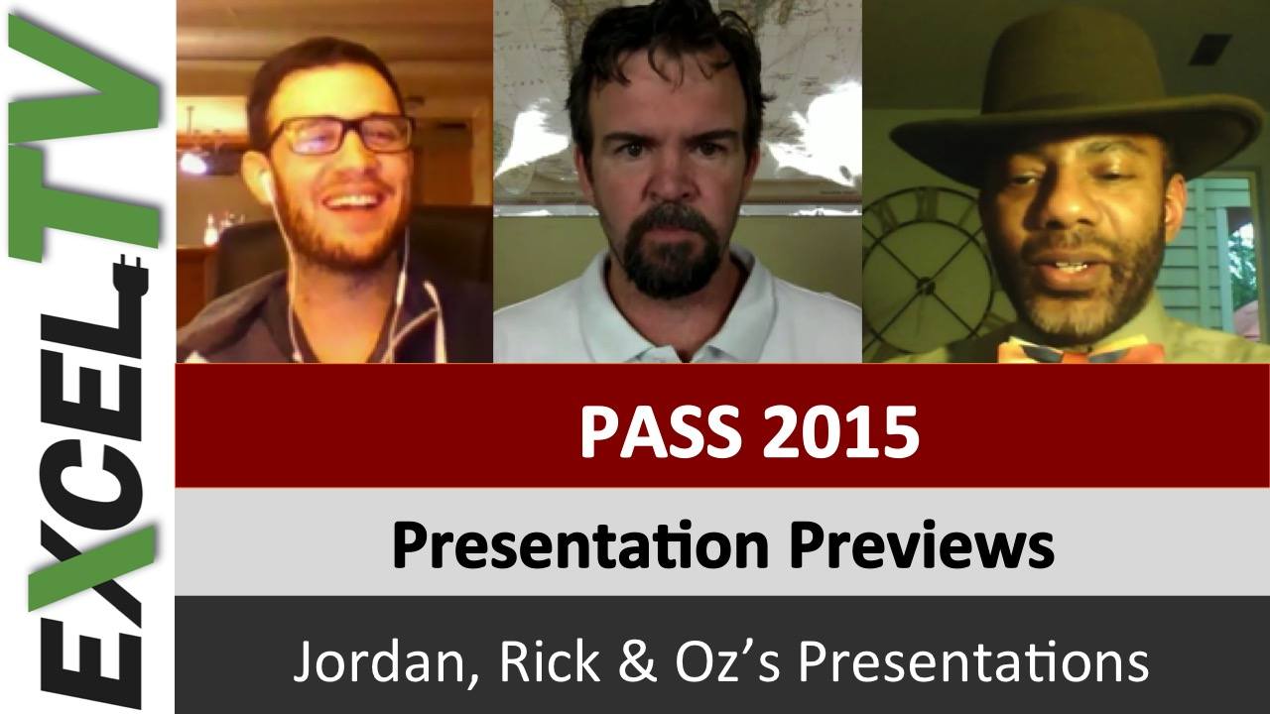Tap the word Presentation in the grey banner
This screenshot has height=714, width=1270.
coord(580,544)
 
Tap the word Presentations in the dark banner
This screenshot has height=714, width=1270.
coord(973,661)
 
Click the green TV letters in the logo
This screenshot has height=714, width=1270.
coord(84,136)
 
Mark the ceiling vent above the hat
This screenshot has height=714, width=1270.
coord(1209,50)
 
